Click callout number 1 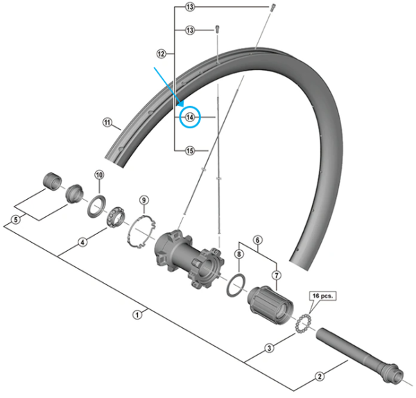pos(137,313)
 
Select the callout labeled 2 pos(320,377)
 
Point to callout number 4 pos(83,242)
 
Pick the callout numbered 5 pos(15,221)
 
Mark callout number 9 pos(144,201)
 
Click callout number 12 pos(161,53)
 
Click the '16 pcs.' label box pos(324,295)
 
